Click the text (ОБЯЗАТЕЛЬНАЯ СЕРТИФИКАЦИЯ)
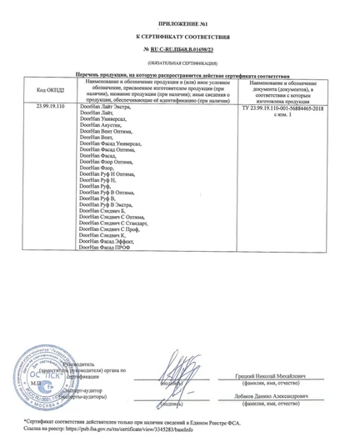tap(181, 63)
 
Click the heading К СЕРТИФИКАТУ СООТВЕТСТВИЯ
tap(181, 38)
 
